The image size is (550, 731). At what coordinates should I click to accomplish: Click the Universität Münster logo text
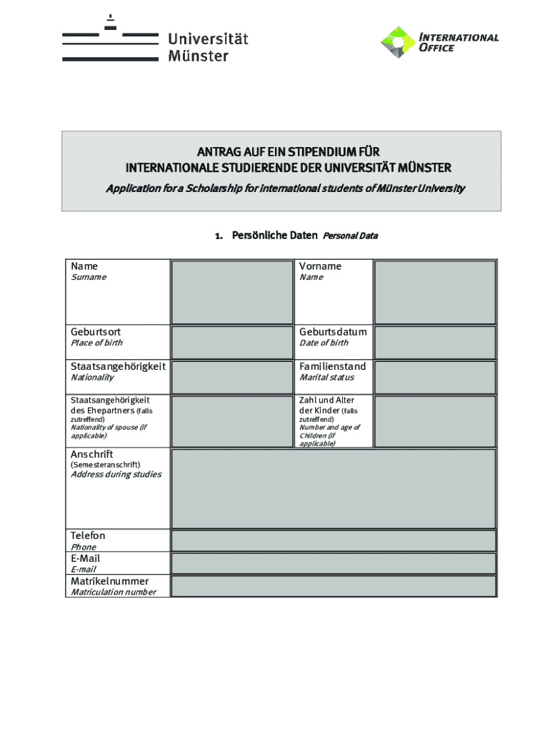[208, 46]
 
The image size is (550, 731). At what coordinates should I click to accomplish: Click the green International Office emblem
[397, 42]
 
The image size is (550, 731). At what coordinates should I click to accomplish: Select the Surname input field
[231, 292]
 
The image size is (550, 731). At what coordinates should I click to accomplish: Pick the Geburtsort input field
[231, 342]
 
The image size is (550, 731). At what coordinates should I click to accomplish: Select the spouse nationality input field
[231, 420]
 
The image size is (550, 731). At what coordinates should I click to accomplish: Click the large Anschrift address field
[334, 488]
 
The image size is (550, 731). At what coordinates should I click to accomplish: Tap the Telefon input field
[334, 540]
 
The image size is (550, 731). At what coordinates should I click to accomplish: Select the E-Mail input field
[334, 563]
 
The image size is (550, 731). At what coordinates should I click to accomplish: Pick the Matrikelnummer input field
[334, 586]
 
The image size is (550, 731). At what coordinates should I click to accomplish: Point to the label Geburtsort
[96, 332]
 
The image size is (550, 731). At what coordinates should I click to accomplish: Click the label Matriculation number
[113, 593]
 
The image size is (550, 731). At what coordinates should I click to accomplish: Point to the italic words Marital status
[326, 378]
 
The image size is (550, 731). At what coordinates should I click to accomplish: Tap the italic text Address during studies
[116, 475]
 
